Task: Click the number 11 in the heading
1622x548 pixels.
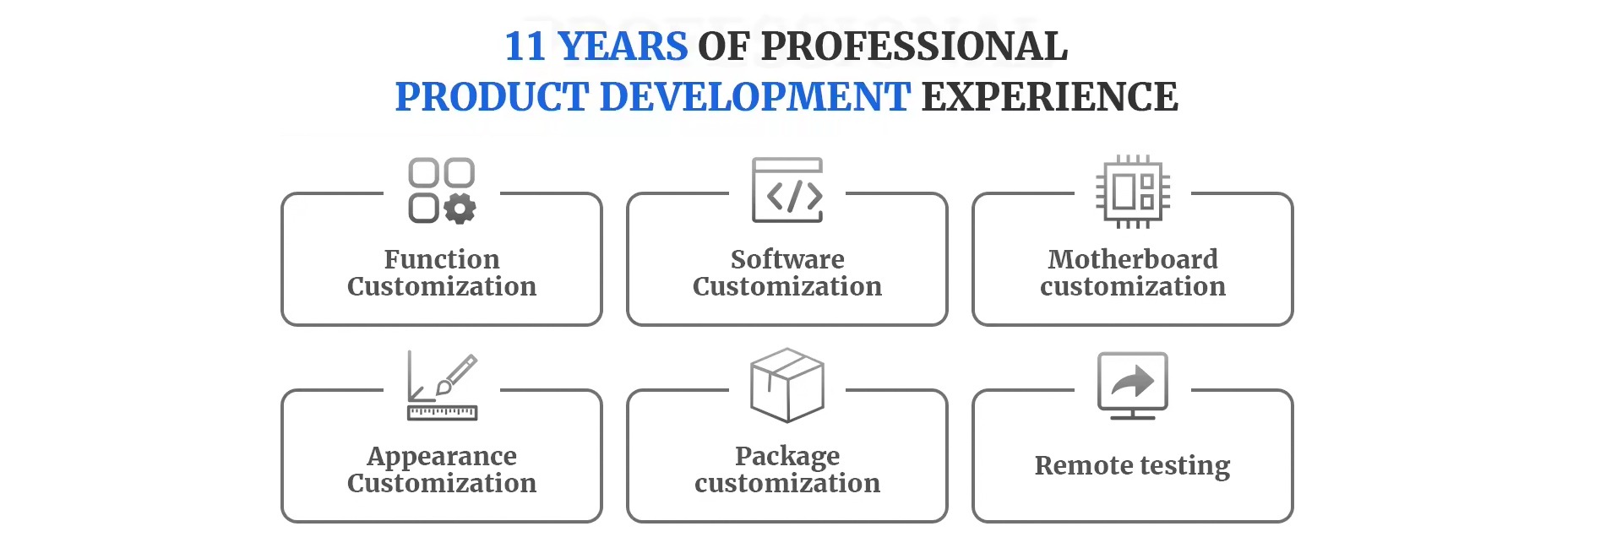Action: click(x=525, y=46)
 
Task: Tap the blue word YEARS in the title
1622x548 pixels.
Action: click(x=623, y=46)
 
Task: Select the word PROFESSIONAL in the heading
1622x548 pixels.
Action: click(x=914, y=46)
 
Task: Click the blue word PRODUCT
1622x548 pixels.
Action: click(x=492, y=97)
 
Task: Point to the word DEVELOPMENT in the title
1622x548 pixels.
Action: click(x=754, y=97)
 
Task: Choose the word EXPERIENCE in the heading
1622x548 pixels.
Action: click(x=1049, y=97)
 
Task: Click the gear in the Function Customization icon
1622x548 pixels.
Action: click(x=460, y=209)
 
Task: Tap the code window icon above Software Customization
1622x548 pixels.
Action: click(x=787, y=190)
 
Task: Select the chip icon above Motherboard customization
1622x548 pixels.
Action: click(x=1133, y=191)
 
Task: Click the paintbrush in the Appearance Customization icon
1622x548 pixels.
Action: click(x=457, y=375)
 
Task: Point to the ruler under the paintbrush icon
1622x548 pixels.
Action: click(x=443, y=413)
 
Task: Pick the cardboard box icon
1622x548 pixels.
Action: click(x=787, y=385)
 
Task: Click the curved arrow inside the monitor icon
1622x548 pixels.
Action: click(x=1133, y=381)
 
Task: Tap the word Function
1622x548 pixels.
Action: click(x=442, y=259)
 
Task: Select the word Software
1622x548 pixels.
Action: click(x=787, y=259)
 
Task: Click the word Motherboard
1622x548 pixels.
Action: click(x=1133, y=259)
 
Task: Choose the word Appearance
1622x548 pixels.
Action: click(x=442, y=457)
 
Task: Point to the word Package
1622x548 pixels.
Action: click(x=787, y=457)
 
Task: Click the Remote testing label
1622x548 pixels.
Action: click(x=1133, y=466)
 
